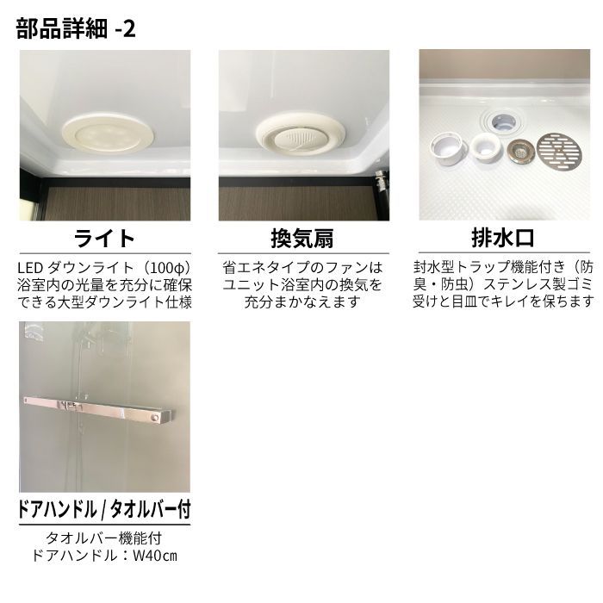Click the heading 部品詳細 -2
coord(76,28)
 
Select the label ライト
coord(104,237)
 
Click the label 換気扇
coord(302,237)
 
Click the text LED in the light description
coord(30,266)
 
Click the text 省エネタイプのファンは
coord(302,266)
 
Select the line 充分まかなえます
coord(302,302)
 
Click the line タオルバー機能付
coord(104,538)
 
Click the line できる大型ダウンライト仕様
coord(104,302)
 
